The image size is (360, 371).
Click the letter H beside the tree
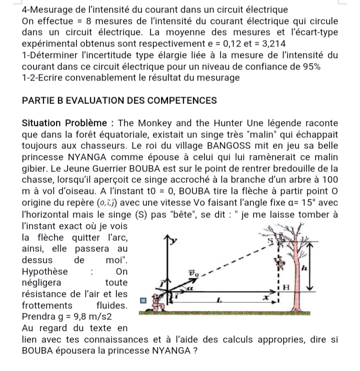click(285, 286)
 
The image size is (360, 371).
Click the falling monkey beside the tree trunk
click(287, 260)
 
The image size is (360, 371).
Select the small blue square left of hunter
click(143, 301)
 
